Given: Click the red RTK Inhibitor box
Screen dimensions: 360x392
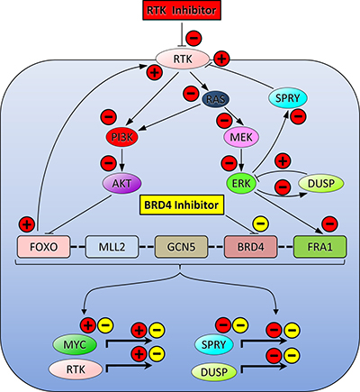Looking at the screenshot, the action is [182, 11].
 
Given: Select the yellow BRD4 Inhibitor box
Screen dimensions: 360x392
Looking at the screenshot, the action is [182, 205].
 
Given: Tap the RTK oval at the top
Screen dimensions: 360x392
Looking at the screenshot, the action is [183, 59].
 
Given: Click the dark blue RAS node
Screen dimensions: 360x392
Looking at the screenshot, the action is [216, 99].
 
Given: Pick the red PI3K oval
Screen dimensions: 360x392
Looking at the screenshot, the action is [122, 137].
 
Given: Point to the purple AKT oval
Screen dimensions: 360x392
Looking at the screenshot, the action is [121, 183].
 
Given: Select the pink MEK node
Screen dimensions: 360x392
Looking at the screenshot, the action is [241, 137].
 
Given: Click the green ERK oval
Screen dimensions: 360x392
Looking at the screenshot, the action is [241, 183].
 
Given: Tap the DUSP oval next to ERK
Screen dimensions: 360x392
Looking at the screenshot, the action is [321, 183].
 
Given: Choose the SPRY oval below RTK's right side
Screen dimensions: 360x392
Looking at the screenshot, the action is [288, 98].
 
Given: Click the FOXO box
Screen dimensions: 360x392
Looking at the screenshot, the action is [44, 247].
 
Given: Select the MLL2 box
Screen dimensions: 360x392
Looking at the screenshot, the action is [112, 247].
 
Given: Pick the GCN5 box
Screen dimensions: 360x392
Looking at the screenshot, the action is [181, 247].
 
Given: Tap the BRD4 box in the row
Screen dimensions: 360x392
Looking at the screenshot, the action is [251, 247].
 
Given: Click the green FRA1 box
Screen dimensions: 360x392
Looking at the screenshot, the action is [320, 247].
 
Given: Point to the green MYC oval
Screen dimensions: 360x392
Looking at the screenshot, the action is [75, 344].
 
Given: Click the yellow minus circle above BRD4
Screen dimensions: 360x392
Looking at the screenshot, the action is [261, 224].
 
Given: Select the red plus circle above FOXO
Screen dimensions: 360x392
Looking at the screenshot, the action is [27, 224].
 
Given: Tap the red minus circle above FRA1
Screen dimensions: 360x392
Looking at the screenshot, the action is [329, 223].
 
